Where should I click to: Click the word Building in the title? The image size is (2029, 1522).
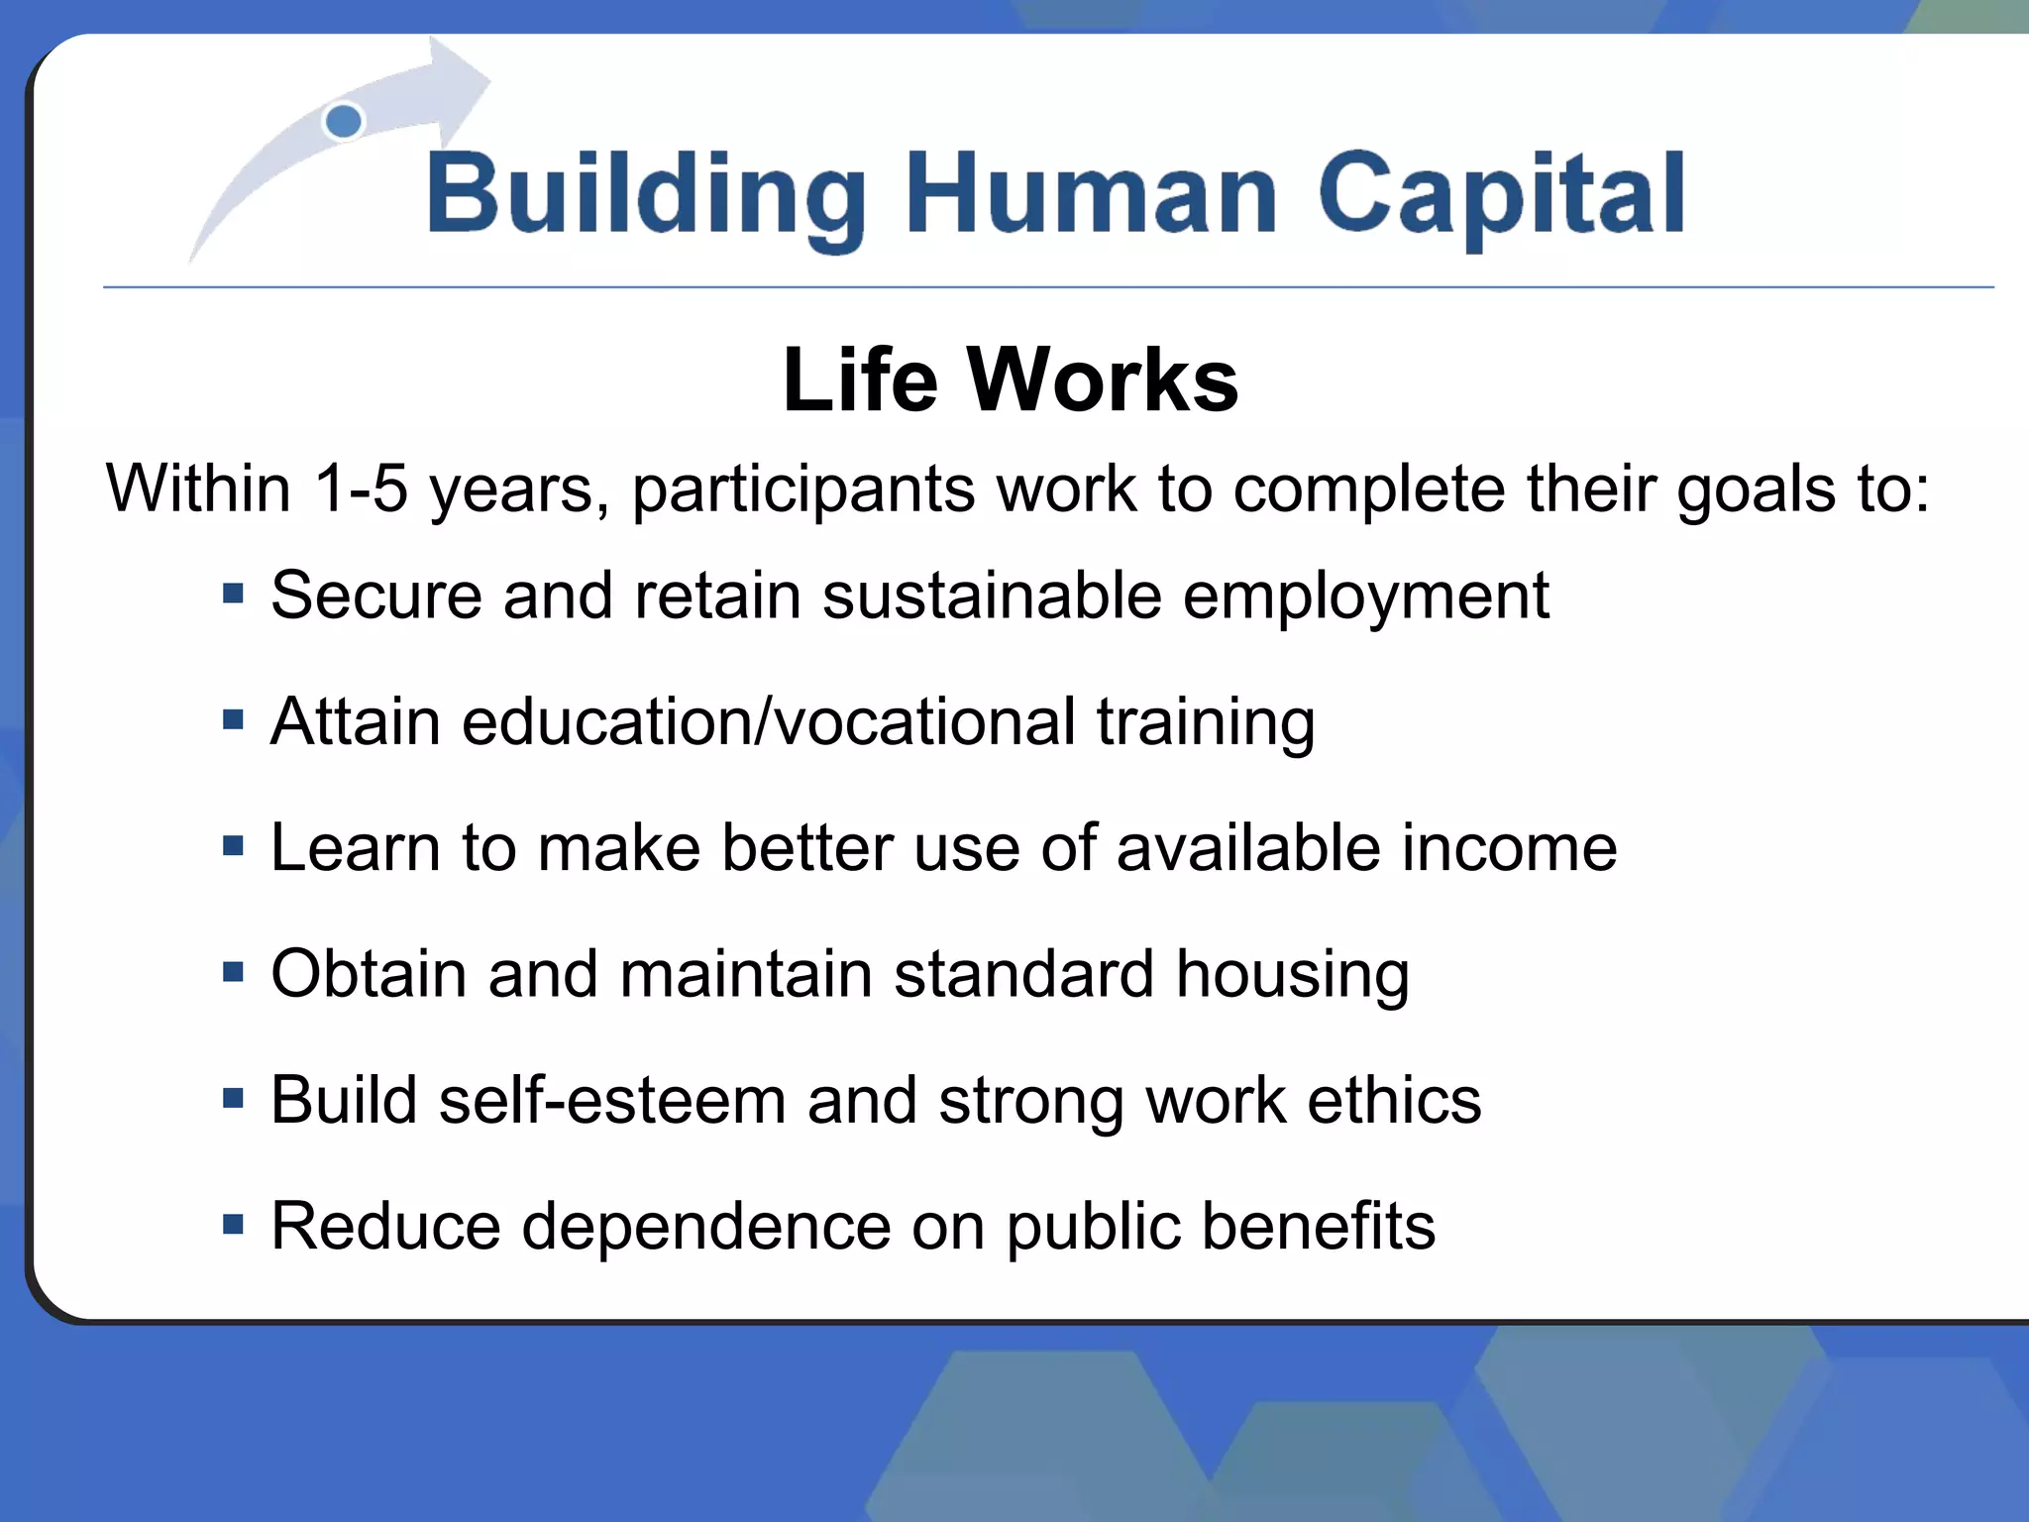click(x=646, y=195)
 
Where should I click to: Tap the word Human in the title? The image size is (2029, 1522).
click(x=1091, y=195)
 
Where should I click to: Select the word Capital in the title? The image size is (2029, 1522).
click(x=1500, y=195)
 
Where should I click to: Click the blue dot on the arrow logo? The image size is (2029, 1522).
click(x=344, y=122)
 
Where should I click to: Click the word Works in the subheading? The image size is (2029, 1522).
click(x=1102, y=380)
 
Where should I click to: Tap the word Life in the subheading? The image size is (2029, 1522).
click(x=859, y=380)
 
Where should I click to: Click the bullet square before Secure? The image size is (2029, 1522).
click(x=233, y=594)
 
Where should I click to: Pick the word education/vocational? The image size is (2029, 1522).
click(x=768, y=721)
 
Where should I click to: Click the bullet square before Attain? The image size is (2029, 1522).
click(x=233, y=719)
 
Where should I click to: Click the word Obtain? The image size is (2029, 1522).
click(x=369, y=973)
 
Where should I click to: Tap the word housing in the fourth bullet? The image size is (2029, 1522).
click(x=1292, y=977)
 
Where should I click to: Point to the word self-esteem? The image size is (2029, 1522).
click(x=611, y=1100)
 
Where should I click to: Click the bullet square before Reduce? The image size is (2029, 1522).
click(x=233, y=1225)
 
